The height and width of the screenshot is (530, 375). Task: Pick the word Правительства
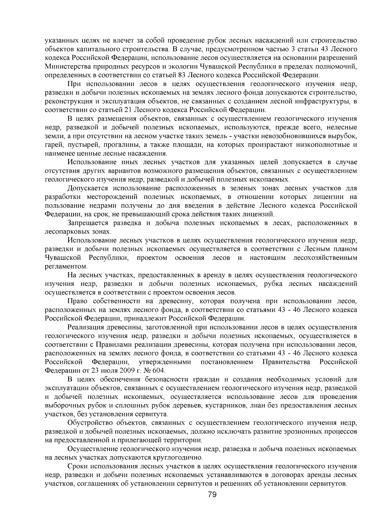tap(286, 362)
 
